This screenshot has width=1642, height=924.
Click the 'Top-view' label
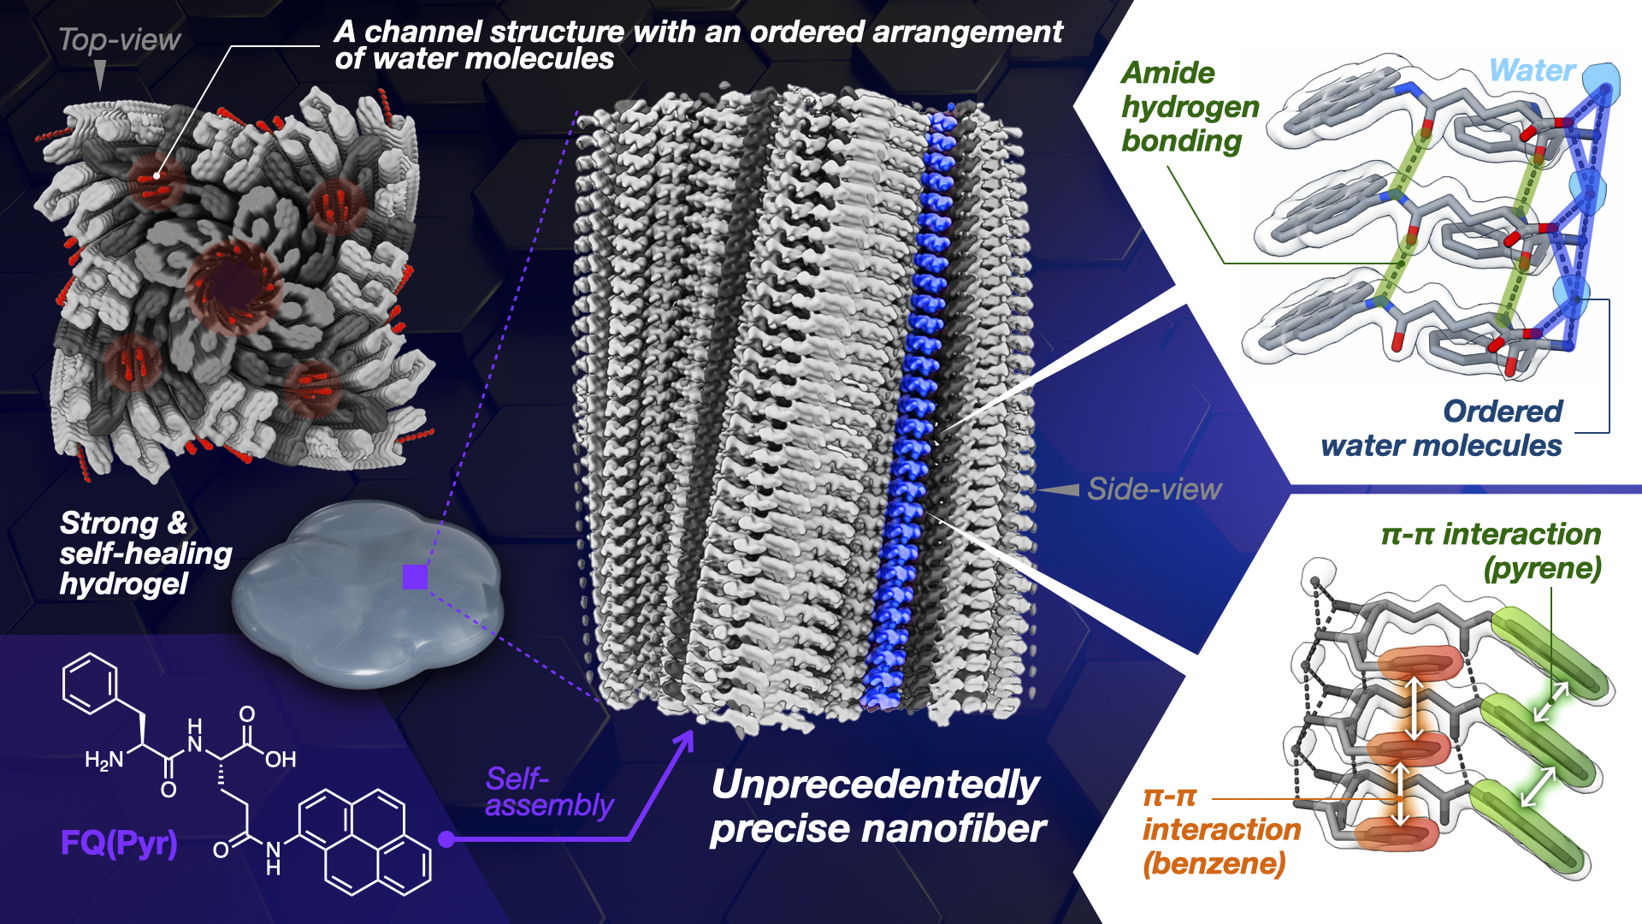119,40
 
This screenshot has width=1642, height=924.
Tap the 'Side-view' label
1154,489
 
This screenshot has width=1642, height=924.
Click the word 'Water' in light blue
1532,70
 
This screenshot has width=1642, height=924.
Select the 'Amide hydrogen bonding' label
1190,107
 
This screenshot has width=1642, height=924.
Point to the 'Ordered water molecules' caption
1442,429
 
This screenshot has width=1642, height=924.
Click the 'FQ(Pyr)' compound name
119,844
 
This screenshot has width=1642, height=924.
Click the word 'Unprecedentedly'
876,785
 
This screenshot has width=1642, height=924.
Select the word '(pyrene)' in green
1542,569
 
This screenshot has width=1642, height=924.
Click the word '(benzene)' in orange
1214,863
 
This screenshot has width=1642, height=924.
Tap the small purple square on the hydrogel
415,577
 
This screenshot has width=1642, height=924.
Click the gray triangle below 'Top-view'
101,74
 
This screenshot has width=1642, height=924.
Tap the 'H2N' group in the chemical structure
104,760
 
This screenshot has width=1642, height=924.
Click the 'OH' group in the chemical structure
281,759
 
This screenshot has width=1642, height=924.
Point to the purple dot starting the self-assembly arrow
446,839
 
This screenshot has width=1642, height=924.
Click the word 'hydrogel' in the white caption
124,584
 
